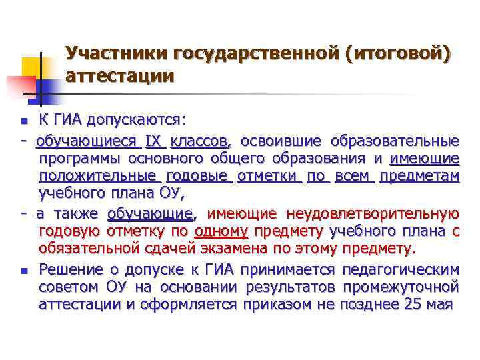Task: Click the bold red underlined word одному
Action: click(221, 231)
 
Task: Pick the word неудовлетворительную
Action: click(372, 214)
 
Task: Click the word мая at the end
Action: click(441, 304)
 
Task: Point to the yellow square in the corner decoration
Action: click(31, 67)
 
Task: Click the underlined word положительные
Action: click(97, 177)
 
